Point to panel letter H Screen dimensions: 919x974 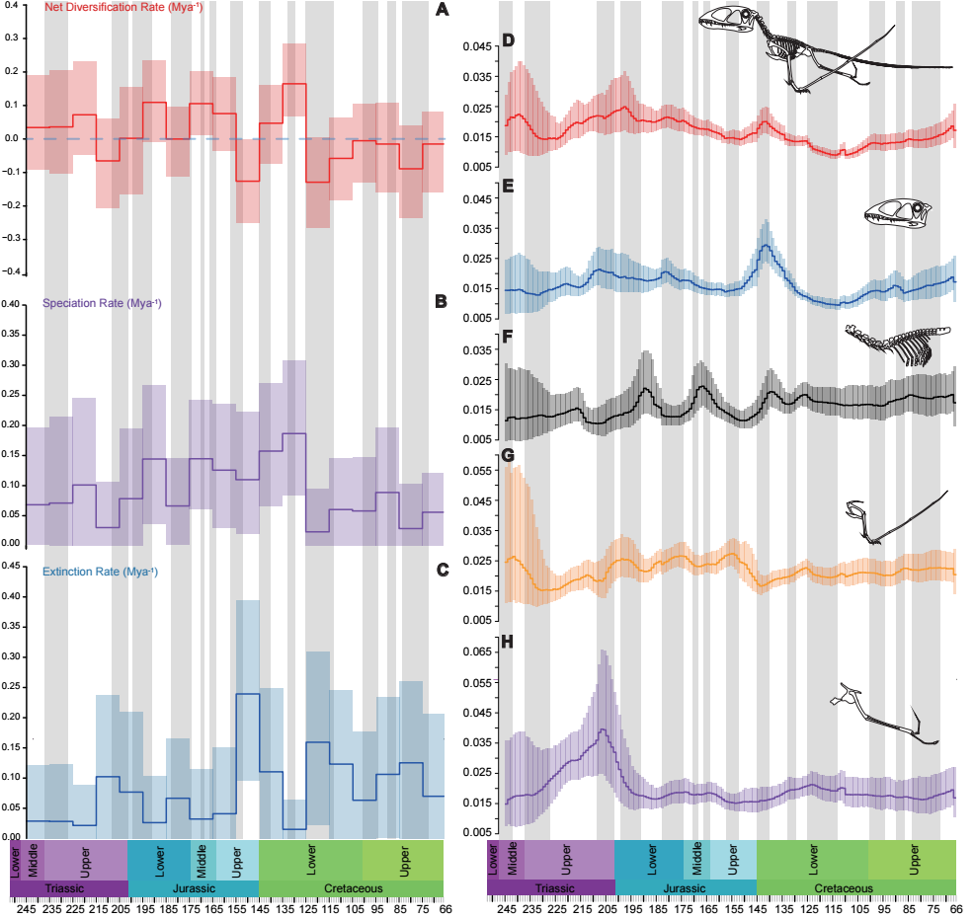(x=507, y=643)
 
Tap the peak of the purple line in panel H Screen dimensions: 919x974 (x=602, y=729)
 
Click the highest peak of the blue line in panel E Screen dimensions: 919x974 (x=767, y=246)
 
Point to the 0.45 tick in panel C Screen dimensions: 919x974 (x=11, y=567)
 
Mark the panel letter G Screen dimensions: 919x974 (x=507, y=455)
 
